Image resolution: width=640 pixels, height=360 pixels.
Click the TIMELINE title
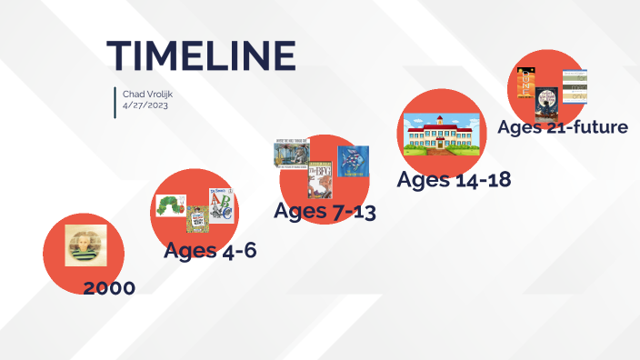[201, 55]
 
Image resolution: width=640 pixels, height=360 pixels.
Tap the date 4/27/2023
[145, 105]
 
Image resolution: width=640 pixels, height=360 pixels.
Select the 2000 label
[109, 288]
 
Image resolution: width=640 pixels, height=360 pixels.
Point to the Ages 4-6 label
[210, 250]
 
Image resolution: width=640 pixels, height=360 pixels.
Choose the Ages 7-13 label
[325, 212]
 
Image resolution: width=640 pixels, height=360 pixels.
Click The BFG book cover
[319, 179]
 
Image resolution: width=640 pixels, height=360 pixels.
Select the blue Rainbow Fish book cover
[353, 162]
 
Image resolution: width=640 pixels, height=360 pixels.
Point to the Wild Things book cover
[292, 153]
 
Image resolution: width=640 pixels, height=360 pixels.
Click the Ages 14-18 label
[454, 180]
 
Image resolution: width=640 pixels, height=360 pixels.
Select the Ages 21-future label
[562, 127]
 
